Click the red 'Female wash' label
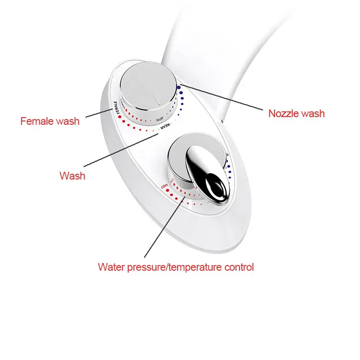[x=50, y=120]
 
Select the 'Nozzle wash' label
[x=296, y=113]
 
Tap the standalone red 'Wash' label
[x=72, y=176]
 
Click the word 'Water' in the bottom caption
[x=110, y=267]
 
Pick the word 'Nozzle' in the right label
[x=283, y=113]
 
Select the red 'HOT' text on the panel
[x=165, y=185]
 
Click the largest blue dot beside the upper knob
[x=179, y=88]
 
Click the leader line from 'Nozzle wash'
[x=221, y=98]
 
